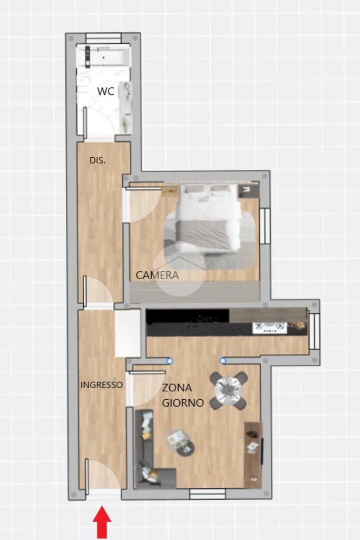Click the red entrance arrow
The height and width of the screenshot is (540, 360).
[102, 522]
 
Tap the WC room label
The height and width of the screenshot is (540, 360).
[105, 91]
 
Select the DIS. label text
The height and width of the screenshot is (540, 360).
[98, 160]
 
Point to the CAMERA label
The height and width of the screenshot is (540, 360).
[157, 275]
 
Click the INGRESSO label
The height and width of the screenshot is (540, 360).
[102, 384]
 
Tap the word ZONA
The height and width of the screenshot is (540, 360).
[177, 388]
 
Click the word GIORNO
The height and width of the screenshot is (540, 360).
[183, 402]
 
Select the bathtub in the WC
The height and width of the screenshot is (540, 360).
[104, 56]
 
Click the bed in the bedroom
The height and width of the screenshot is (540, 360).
[208, 217]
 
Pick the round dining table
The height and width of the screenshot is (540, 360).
[228, 390]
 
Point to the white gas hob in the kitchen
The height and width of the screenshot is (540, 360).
[270, 327]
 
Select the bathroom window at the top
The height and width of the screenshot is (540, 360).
[103, 38]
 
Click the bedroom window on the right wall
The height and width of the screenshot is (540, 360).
[265, 226]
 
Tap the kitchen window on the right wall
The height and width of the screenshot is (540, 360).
[315, 331]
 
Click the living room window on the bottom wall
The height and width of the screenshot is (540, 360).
[208, 494]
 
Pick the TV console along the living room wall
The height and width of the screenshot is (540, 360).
[254, 455]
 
